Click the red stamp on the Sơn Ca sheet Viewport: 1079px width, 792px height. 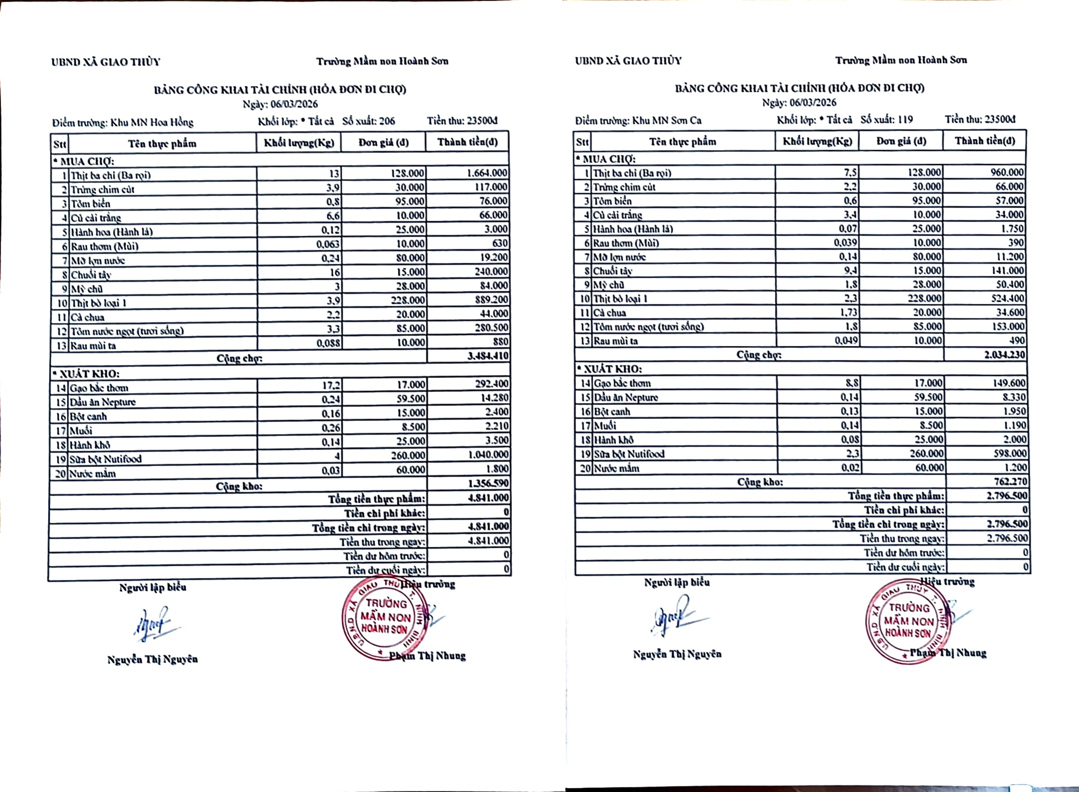coord(907,622)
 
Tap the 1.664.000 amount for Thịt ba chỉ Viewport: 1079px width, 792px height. coord(486,173)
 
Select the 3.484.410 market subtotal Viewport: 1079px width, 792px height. coord(487,356)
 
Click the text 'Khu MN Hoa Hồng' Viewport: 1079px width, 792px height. coord(151,122)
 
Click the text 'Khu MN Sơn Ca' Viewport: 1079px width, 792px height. coord(666,121)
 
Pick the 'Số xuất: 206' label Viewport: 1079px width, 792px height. coord(368,121)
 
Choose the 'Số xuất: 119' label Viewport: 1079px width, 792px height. coord(886,120)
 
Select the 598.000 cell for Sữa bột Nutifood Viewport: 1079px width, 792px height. coord(1009,453)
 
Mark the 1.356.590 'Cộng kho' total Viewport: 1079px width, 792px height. coord(488,484)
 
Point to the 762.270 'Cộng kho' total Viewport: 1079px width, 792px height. coord(1009,482)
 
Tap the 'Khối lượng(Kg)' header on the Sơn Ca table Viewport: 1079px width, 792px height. coord(817,141)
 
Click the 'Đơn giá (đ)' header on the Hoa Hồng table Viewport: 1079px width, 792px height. coord(383,143)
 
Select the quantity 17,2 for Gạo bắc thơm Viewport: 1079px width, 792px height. coord(331,385)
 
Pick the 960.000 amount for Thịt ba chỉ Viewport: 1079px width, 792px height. coord(1006,172)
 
